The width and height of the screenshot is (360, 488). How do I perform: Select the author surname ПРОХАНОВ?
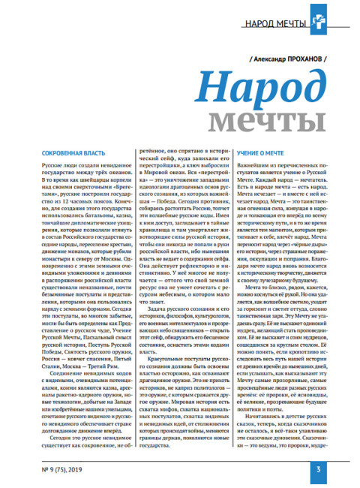pos(298,57)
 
